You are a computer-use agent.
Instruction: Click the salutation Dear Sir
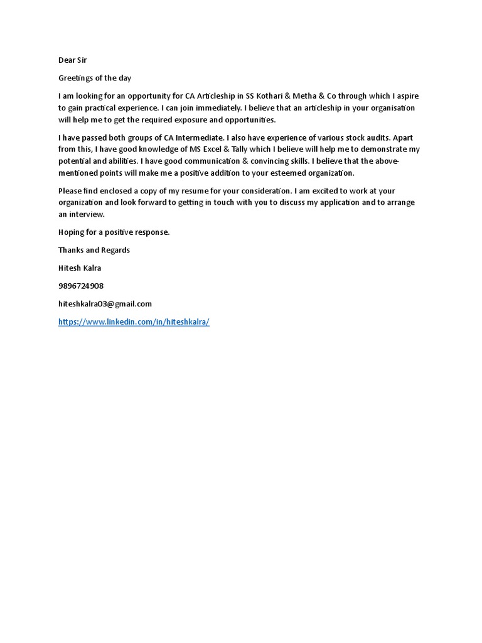tap(73, 61)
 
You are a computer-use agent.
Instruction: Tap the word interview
tap(88, 215)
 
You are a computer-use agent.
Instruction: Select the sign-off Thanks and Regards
tap(94, 250)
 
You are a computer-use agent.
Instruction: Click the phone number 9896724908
tap(81, 286)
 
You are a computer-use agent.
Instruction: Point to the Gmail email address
tap(105, 304)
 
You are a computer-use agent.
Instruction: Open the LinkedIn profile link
tap(134, 321)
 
